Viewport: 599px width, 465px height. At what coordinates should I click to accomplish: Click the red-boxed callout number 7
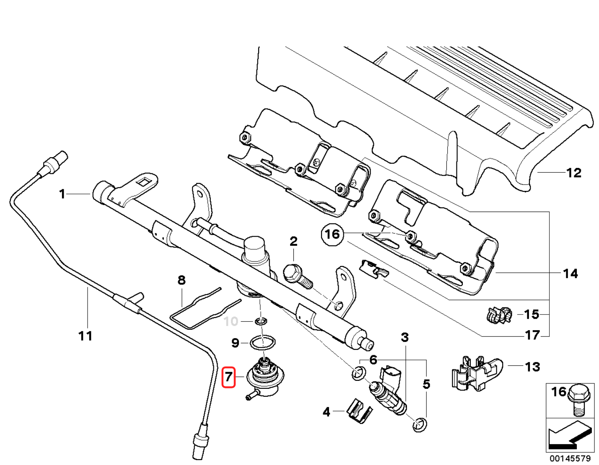click(x=228, y=377)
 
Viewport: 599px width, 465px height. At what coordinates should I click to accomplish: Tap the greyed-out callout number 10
click(x=231, y=321)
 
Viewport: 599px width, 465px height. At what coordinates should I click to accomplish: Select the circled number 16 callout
click(x=332, y=234)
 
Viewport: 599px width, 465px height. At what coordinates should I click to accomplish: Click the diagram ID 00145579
click(x=570, y=459)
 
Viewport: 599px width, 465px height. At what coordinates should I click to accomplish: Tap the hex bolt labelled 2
click(x=296, y=275)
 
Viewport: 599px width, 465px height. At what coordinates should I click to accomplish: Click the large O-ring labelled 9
click(x=263, y=342)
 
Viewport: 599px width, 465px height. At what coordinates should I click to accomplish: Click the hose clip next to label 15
click(x=498, y=315)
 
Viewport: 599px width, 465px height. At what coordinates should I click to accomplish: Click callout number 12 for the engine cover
click(x=573, y=173)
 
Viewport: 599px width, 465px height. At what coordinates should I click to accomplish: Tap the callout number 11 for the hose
click(x=86, y=336)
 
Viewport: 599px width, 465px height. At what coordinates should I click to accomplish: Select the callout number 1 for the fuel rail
click(x=62, y=194)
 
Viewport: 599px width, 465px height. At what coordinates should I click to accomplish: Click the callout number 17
click(x=532, y=335)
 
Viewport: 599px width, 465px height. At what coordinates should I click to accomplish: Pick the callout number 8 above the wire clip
click(x=182, y=280)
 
